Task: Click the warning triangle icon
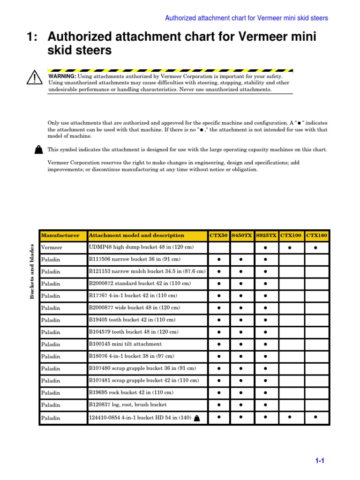click(x=35, y=77)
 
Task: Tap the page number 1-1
click(x=320, y=461)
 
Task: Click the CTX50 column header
click(x=218, y=235)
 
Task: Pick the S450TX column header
click(x=242, y=235)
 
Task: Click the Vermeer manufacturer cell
click(x=52, y=247)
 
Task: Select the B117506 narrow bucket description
click(x=135, y=259)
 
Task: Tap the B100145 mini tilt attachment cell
click(x=125, y=344)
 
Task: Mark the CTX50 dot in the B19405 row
click(x=219, y=320)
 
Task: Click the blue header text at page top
click(x=247, y=18)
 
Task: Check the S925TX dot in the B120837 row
click(x=265, y=405)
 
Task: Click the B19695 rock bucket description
click(x=131, y=392)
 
